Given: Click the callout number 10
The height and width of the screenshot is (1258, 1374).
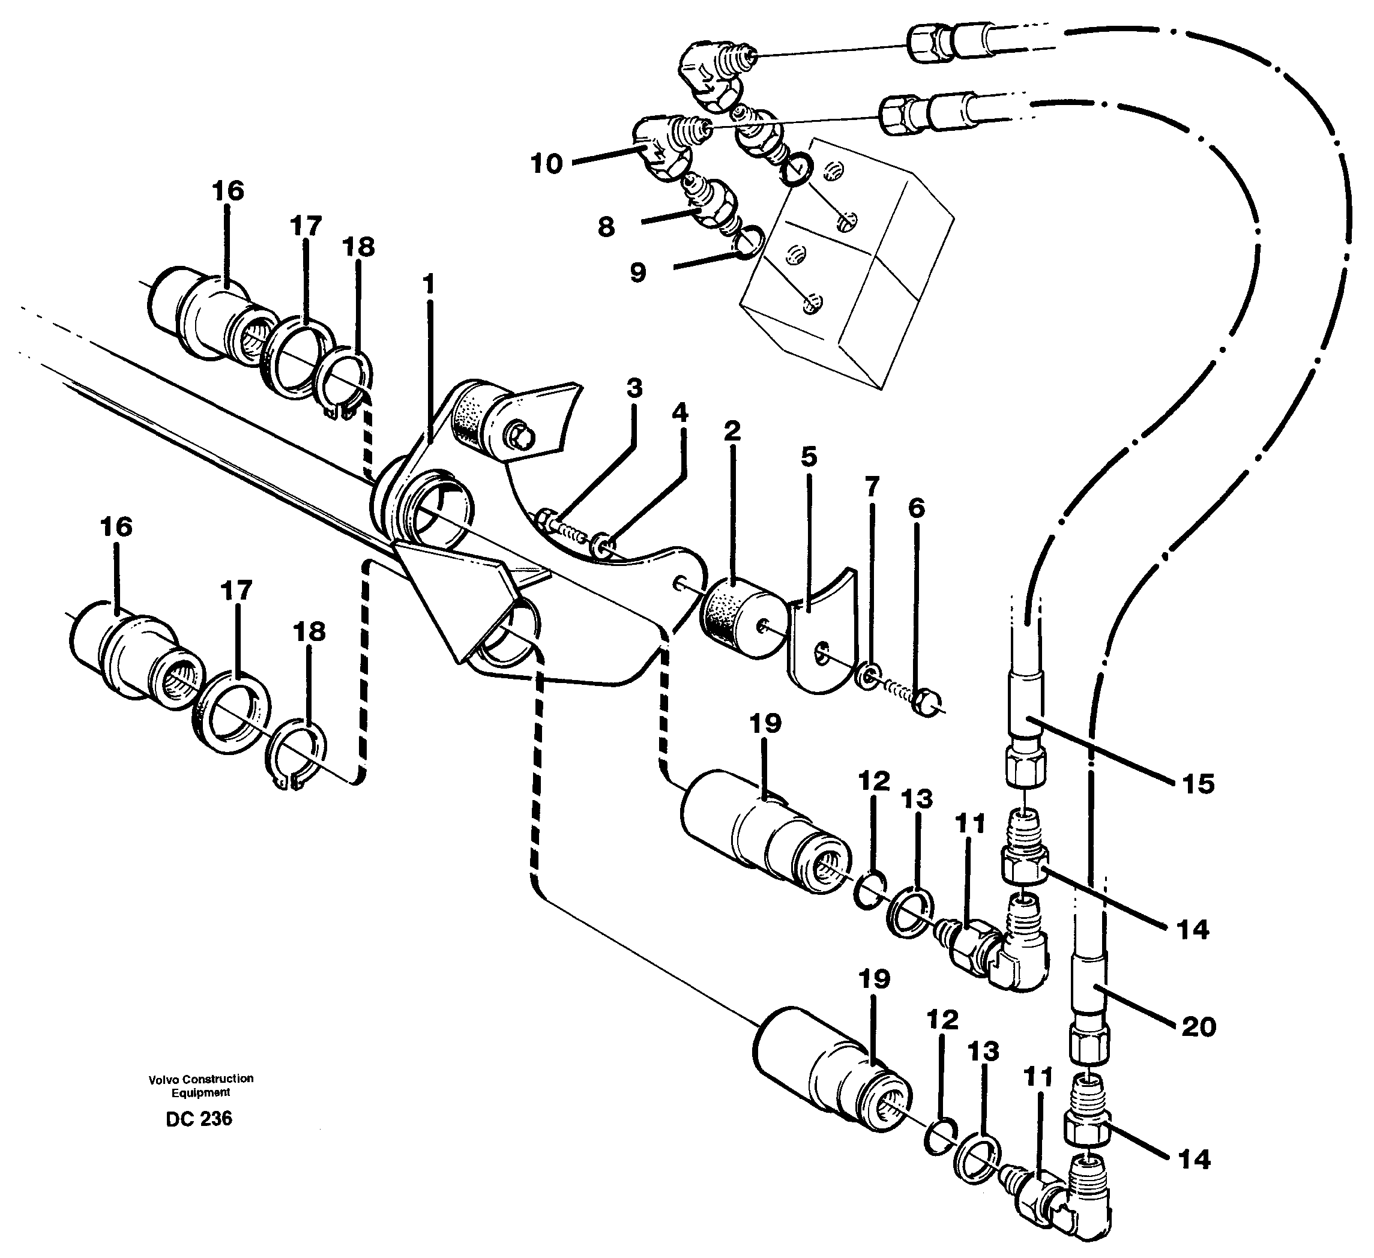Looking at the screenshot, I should pos(547,164).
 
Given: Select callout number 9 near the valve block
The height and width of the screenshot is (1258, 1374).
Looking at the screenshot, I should pos(637,273).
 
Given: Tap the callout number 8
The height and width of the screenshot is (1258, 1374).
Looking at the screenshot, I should pos(606,227).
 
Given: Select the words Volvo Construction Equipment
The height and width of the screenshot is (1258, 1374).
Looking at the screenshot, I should pos(201,1086).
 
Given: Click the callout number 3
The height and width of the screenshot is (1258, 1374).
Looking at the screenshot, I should pos(634,388).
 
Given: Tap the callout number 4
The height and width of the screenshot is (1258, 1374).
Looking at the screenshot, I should pos(679,412).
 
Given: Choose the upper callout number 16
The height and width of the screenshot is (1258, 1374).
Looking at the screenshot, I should pos(227,191).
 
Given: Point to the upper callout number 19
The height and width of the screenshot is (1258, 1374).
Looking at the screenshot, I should pos(765,724).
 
